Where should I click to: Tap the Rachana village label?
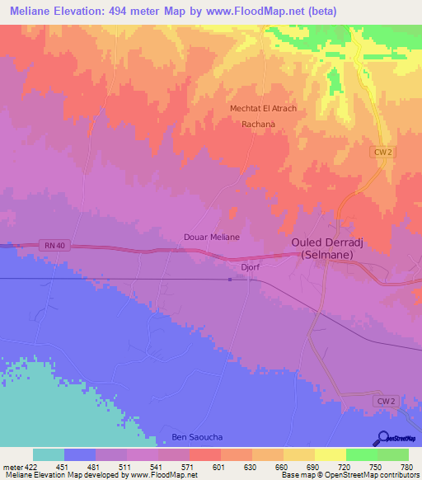[258, 125]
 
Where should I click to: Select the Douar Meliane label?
[211, 237]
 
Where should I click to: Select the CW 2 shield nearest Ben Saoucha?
[387, 401]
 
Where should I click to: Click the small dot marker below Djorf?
[230, 280]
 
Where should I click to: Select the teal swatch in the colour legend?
[49, 454]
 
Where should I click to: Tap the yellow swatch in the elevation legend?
[331, 454]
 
